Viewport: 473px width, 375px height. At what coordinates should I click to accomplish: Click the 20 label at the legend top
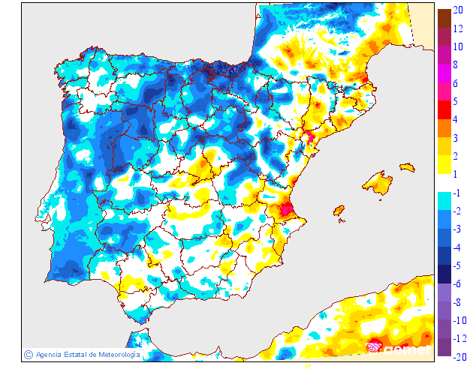click(456, 10)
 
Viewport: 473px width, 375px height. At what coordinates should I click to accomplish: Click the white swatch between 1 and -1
click(444, 183)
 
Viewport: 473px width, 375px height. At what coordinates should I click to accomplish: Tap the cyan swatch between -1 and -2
click(444, 201)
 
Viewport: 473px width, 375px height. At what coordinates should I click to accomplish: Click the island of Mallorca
click(378, 183)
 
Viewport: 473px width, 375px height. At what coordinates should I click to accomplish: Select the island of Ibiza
click(339, 210)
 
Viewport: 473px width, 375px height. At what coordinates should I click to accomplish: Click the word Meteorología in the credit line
click(113, 355)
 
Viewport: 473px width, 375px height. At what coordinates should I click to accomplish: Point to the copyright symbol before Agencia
click(28, 354)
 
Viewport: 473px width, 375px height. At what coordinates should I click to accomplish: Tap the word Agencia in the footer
click(50, 355)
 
